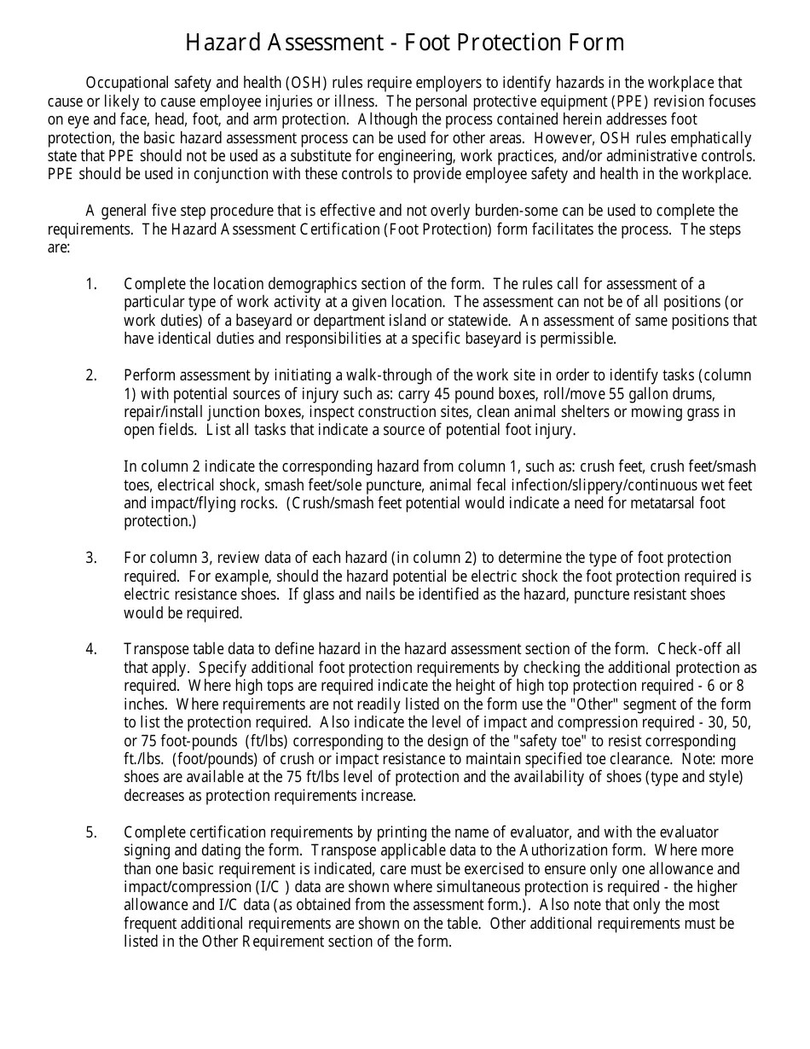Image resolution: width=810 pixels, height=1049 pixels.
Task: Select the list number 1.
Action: coord(91,284)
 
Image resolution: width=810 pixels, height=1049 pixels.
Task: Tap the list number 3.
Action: coord(91,559)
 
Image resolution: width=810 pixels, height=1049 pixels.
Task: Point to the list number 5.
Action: coord(91,832)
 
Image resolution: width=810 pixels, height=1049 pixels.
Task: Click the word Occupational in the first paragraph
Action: coord(128,83)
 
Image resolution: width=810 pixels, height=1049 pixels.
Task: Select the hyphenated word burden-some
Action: coord(472,211)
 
